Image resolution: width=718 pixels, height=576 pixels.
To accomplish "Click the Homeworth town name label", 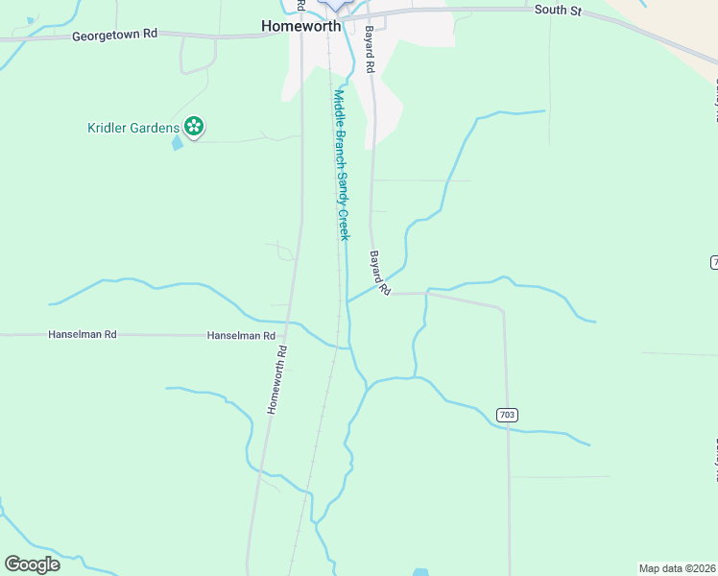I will click(300, 27).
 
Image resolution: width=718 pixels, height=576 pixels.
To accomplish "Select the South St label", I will click(559, 10).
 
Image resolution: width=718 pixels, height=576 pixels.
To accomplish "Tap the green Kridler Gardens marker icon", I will click(194, 126).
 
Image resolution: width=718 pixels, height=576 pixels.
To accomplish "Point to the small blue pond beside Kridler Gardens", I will click(177, 144).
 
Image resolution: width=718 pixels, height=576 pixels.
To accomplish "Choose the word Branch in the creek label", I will click(340, 143).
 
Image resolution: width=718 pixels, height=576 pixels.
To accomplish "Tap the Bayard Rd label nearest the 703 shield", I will click(380, 273).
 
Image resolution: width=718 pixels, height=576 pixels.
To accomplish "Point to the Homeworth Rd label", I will click(278, 379).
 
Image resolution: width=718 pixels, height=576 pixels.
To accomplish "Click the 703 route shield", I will click(508, 415).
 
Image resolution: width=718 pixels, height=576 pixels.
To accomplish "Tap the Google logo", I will click(32, 564).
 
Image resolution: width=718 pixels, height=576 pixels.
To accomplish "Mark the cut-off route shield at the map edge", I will click(714, 262).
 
